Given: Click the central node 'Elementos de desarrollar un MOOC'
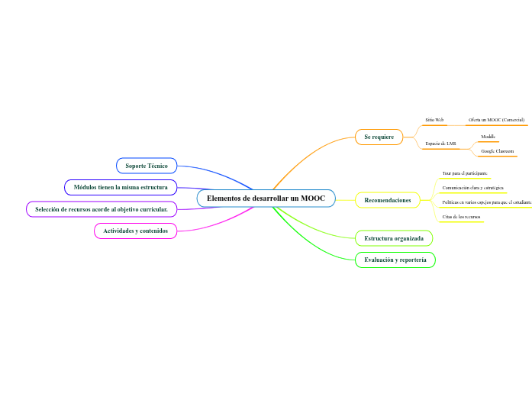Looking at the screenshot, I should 266,198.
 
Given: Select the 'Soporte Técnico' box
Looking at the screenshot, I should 147,166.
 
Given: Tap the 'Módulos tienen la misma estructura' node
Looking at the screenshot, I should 121,187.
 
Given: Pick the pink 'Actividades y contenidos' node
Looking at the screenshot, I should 135,231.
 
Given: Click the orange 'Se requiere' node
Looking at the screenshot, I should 379,137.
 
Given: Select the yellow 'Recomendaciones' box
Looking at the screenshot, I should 388,200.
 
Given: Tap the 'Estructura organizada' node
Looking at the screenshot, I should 394,238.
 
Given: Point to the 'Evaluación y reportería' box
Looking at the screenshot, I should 395,260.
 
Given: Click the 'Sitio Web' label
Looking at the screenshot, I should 434,120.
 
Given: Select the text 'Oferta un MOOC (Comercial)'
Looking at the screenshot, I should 496,120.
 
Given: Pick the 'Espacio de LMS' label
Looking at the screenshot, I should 440,143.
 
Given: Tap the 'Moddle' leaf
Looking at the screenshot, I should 488,136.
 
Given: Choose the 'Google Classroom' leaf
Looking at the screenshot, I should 497,151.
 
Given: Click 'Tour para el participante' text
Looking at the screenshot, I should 465,173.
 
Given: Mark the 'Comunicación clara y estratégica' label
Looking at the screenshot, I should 472,188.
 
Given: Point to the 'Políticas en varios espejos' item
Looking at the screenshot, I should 485,202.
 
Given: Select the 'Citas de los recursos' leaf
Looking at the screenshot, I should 461,218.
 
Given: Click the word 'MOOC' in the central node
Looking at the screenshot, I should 313,198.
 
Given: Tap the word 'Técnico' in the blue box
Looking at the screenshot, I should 156,166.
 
